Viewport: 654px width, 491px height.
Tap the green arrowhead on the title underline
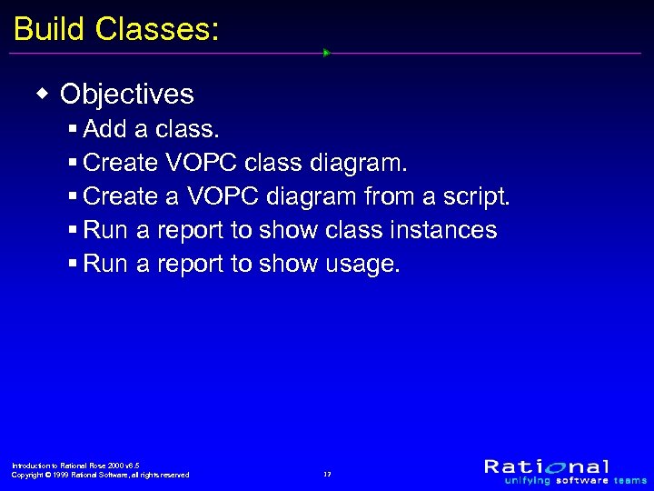(x=326, y=53)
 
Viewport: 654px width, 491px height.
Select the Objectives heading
(x=127, y=94)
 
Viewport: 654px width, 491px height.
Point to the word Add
(x=104, y=129)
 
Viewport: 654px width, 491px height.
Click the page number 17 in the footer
(x=327, y=474)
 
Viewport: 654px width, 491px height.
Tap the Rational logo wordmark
(x=547, y=466)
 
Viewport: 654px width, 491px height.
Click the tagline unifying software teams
(x=576, y=480)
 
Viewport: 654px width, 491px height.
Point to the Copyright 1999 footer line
(x=100, y=475)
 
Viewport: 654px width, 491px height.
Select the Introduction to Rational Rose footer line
(x=75, y=465)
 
